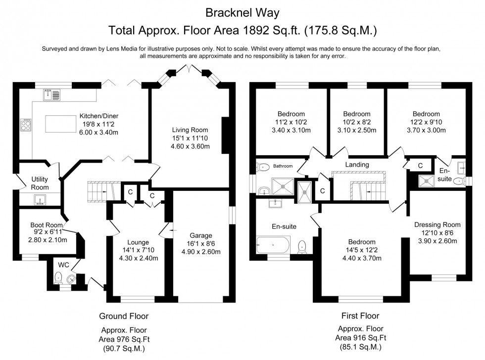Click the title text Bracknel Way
[x=242, y=11]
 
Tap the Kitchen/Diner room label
[x=99, y=117]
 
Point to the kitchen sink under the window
[x=51, y=94]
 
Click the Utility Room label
[x=40, y=183]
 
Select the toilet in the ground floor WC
[x=58, y=276]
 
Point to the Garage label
[x=201, y=235]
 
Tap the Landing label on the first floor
[x=357, y=165]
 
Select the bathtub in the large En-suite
[x=273, y=244]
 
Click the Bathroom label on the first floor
[x=284, y=166]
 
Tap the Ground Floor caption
[x=124, y=316]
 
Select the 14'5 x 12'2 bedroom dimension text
[x=361, y=250]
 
